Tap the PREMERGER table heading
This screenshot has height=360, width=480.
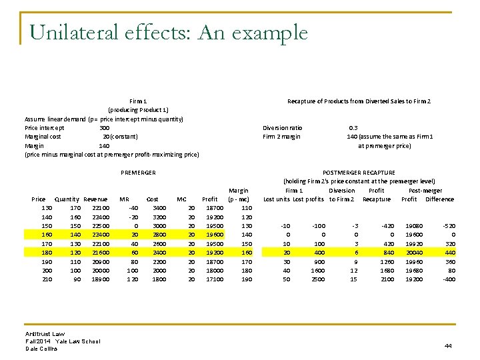[x=138, y=173]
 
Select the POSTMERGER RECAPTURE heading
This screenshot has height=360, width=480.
[x=359, y=173]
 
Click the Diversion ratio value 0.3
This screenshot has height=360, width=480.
[x=353, y=127]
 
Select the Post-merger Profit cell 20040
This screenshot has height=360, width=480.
[x=415, y=253]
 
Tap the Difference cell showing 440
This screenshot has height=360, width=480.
[x=449, y=253]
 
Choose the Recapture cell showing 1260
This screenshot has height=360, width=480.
[x=386, y=261]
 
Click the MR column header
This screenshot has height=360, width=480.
[x=124, y=199]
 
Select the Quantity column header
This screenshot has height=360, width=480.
[x=67, y=199]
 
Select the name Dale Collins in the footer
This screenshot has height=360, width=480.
[x=41, y=348]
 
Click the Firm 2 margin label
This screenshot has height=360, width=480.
[x=281, y=137]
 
